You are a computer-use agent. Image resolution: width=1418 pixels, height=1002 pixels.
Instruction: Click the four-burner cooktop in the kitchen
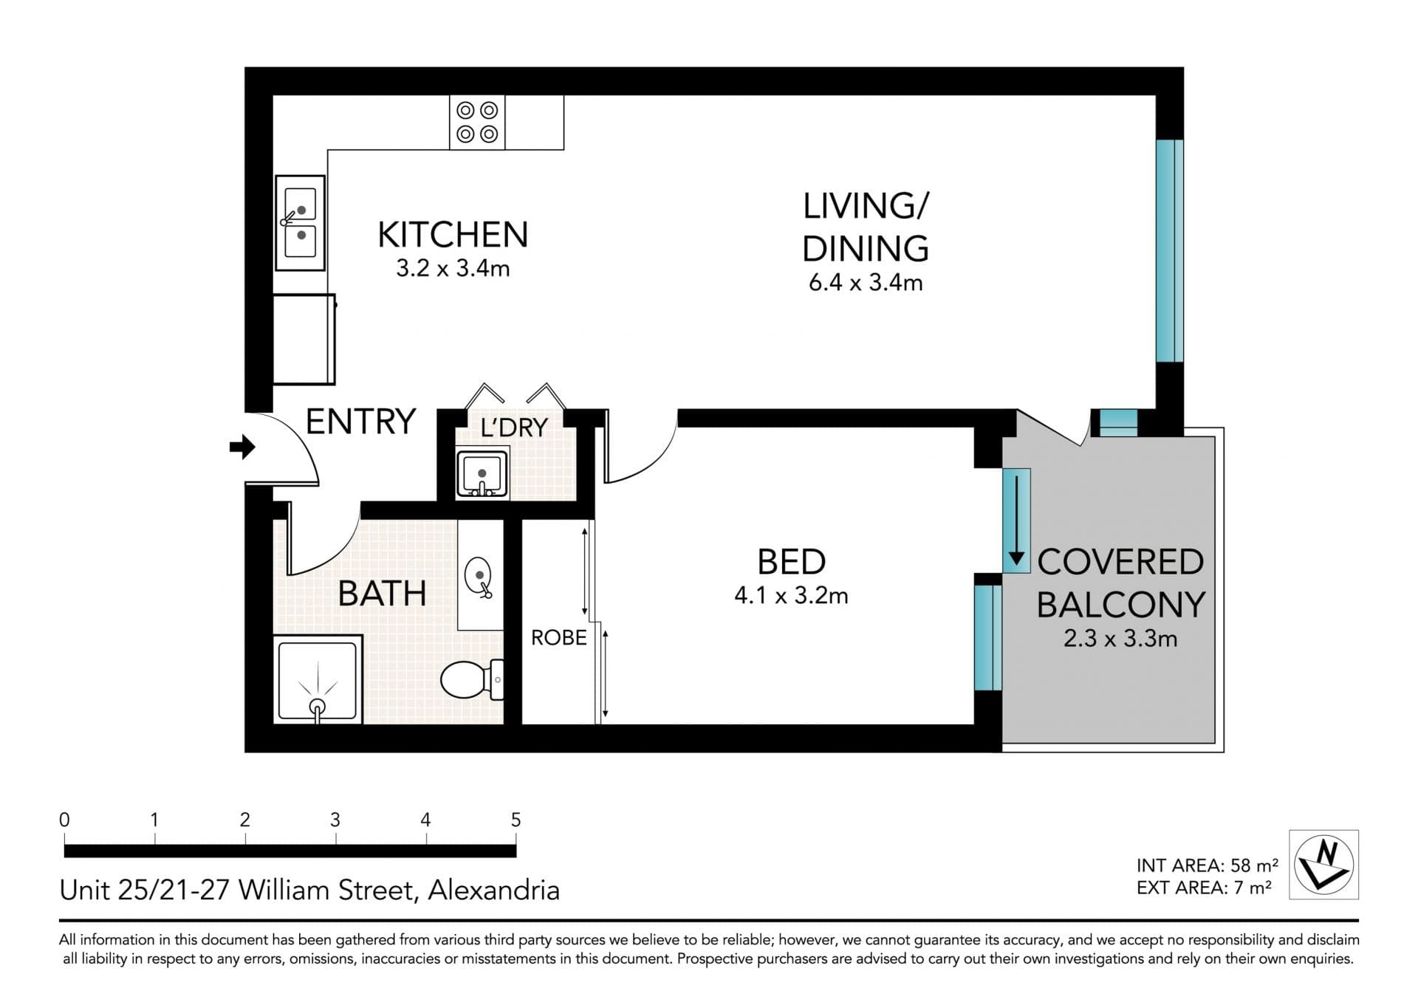477,122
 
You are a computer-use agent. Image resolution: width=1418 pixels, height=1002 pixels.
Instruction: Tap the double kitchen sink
300,222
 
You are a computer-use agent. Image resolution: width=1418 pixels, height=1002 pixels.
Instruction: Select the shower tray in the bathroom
318,680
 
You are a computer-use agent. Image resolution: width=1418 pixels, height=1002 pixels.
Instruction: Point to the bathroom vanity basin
479,577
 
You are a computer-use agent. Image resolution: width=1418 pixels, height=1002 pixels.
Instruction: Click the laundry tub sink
482,473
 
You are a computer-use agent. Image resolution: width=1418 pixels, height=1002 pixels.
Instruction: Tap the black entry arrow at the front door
242,447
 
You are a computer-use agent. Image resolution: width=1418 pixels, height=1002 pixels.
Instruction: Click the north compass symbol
1323,864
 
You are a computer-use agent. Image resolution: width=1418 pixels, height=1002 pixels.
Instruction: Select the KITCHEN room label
453,235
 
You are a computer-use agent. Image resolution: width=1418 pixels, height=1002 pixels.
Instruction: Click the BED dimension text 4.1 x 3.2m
791,595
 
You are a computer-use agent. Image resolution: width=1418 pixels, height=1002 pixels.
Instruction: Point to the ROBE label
559,637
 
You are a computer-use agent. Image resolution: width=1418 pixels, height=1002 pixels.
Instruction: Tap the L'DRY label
514,427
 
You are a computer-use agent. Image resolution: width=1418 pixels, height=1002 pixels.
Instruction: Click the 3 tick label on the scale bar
335,820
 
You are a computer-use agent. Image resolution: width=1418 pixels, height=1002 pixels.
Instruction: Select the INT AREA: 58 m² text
1207,865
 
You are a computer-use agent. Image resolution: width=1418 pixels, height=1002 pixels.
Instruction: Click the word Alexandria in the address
493,890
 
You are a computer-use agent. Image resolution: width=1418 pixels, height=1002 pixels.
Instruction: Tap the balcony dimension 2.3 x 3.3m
1120,638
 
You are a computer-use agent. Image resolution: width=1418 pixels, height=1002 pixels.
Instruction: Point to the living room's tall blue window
1170,250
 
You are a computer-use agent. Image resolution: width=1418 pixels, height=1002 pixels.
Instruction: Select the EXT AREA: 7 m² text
1204,887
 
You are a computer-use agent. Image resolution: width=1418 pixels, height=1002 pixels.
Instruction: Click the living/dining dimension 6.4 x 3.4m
866,282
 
